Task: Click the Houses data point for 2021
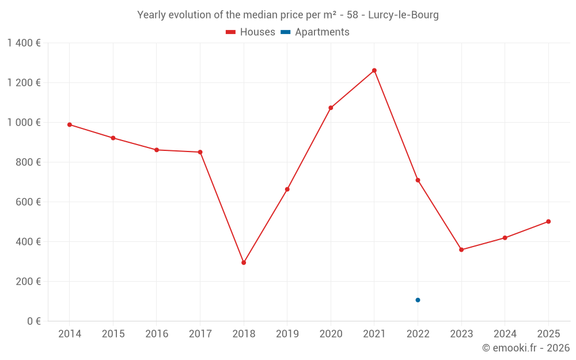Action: coord(374,70)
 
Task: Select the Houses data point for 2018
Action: coord(244,263)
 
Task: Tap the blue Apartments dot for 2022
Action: coord(418,300)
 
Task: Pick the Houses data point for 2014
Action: coord(70,124)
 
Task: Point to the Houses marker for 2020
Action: coord(331,108)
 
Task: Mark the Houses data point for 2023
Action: coord(461,250)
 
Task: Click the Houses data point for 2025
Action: coord(548,222)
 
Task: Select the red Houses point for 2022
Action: coord(418,180)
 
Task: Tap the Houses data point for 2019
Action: coord(287,190)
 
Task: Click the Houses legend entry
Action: coord(251,32)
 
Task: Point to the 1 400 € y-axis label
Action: coord(24,43)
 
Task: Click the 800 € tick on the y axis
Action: coord(28,162)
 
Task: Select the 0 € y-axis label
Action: coord(33,321)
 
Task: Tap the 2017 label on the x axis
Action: coord(200,334)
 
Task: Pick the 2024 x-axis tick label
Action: coord(505,334)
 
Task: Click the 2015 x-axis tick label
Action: coord(113,334)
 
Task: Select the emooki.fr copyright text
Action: coord(525,348)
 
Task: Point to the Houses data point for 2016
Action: coord(157,150)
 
